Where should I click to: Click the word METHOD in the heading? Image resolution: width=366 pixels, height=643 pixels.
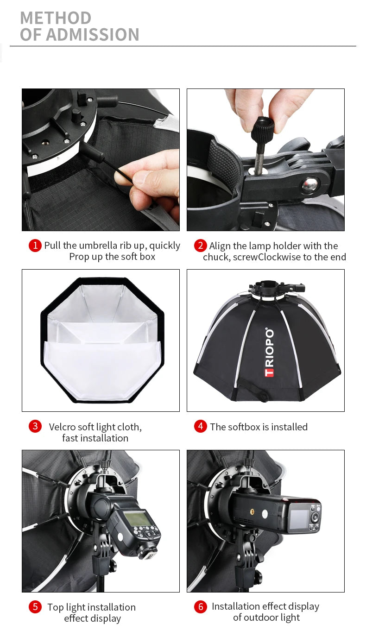pyautogui.click(x=56, y=18)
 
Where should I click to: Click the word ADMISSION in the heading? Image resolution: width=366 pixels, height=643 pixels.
pyautogui.click(x=92, y=35)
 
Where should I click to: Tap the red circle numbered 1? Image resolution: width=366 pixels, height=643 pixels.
pyautogui.click(x=35, y=246)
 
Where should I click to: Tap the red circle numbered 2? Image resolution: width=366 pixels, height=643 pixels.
pyautogui.click(x=200, y=246)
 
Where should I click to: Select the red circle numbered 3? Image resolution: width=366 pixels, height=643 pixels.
pyautogui.click(x=35, y=426)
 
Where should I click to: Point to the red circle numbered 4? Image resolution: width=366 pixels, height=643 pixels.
pyautogui.click(x=200, y=426)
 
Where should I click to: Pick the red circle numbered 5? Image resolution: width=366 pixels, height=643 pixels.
pyautogui.click(x=35, y=607)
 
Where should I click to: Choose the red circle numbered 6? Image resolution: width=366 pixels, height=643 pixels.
pyautogui.click(x=200, y=607)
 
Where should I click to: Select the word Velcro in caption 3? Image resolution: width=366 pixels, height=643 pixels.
pyautogui.click(x=62, y=427)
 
